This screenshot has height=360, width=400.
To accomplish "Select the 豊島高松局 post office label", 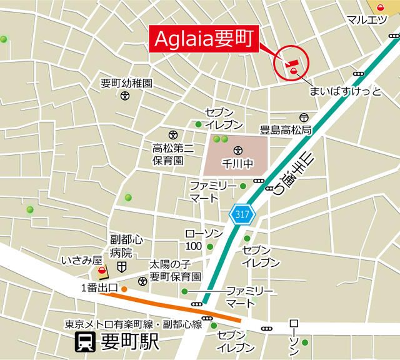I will click(286, 131).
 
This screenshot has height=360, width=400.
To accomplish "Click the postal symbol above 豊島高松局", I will click(304, 117).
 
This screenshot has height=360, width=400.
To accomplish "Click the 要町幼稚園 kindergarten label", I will click(127, 83).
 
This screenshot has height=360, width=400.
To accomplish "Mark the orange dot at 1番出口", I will click(124, 289).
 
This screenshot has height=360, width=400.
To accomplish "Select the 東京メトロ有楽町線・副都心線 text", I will click(133, 324).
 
